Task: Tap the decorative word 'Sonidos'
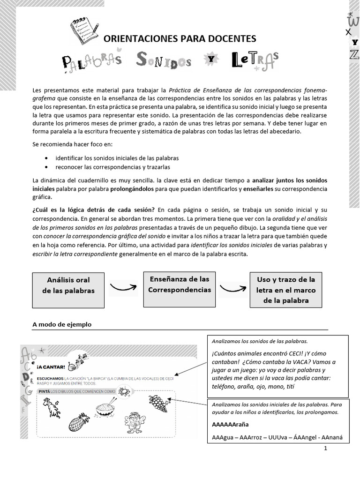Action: [164, 60]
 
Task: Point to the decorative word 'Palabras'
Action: [92, 60]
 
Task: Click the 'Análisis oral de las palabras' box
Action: [68, 285]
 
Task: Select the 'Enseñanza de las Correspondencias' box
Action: [180, 285]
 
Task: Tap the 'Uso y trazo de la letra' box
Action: [286, 290]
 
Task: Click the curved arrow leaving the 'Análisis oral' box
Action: [123, 286]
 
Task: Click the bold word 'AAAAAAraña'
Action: [230, 425]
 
